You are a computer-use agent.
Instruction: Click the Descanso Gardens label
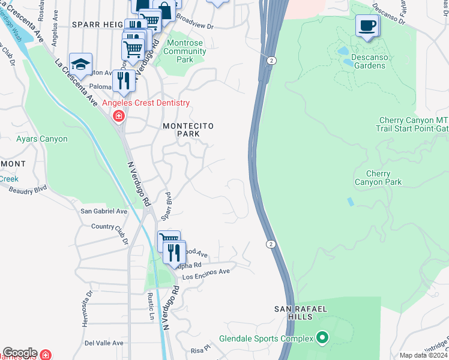pyautogui.click(x=369, y=61)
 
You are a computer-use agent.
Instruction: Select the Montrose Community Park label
pyautogui.click(x=185, y=52)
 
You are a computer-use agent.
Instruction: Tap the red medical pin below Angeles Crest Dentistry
pyautogui.click(x=119, y=116)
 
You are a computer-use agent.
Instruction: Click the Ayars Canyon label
pyautogui.click(x=42, y=139)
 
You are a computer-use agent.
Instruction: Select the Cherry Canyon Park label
pyautogui.click(x=378, y=178)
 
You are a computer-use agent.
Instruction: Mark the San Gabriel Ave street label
pyautogui.click(x=104, y=211)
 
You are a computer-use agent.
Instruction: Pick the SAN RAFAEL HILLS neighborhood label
pyautogui.click(x=301, y=313)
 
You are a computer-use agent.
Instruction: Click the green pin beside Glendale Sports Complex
pyautogui.click(x=323, y=338)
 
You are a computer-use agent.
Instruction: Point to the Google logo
pyautogui.click(x=20, y=353)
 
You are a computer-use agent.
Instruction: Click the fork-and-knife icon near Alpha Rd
pyautogui.click(x=174, y=253)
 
